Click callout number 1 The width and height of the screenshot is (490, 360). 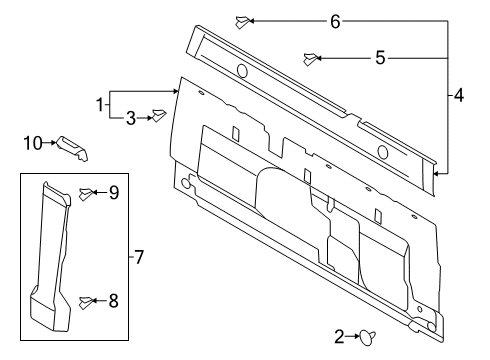100,103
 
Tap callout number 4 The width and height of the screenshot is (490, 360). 458,96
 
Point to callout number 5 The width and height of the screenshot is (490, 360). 379,58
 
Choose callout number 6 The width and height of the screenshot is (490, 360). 335,21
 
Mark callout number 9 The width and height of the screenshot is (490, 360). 114,193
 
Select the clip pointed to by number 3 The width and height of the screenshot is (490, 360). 158,117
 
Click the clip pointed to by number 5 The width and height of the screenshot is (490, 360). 312,58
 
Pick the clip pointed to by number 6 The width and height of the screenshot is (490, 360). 241,20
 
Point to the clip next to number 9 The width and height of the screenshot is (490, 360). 87,193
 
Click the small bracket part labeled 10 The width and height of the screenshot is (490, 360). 74,147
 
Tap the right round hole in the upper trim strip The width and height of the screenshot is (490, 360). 383,152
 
